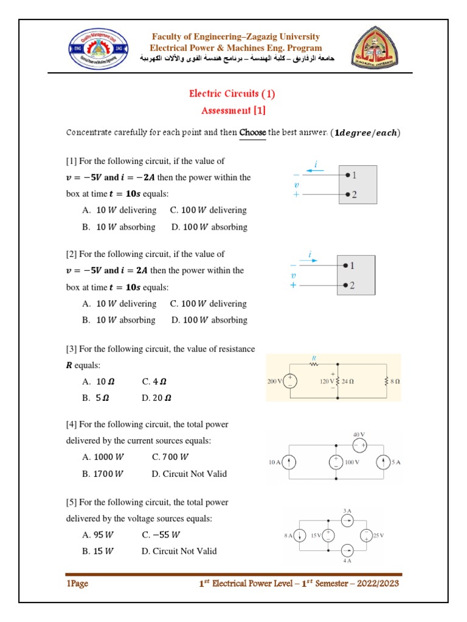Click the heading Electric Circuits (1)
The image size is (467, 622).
(232, 94)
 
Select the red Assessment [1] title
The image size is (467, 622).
(233, 111)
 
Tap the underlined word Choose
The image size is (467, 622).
(252, 132)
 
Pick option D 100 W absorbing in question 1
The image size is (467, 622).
(209, 227)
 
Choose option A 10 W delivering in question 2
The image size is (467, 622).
(119, 304)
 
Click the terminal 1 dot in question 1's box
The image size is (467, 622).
(347, 175)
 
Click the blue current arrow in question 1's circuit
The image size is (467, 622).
(314, 171)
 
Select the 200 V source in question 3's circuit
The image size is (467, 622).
(292, 381)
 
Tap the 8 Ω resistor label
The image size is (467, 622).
(395, 381)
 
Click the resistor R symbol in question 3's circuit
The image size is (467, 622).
(314, 364)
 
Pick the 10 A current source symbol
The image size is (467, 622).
(290, 462)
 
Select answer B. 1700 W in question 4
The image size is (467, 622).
(102, 474)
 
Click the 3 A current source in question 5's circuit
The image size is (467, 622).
(347, 520)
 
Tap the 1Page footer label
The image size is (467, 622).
(77, 584)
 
